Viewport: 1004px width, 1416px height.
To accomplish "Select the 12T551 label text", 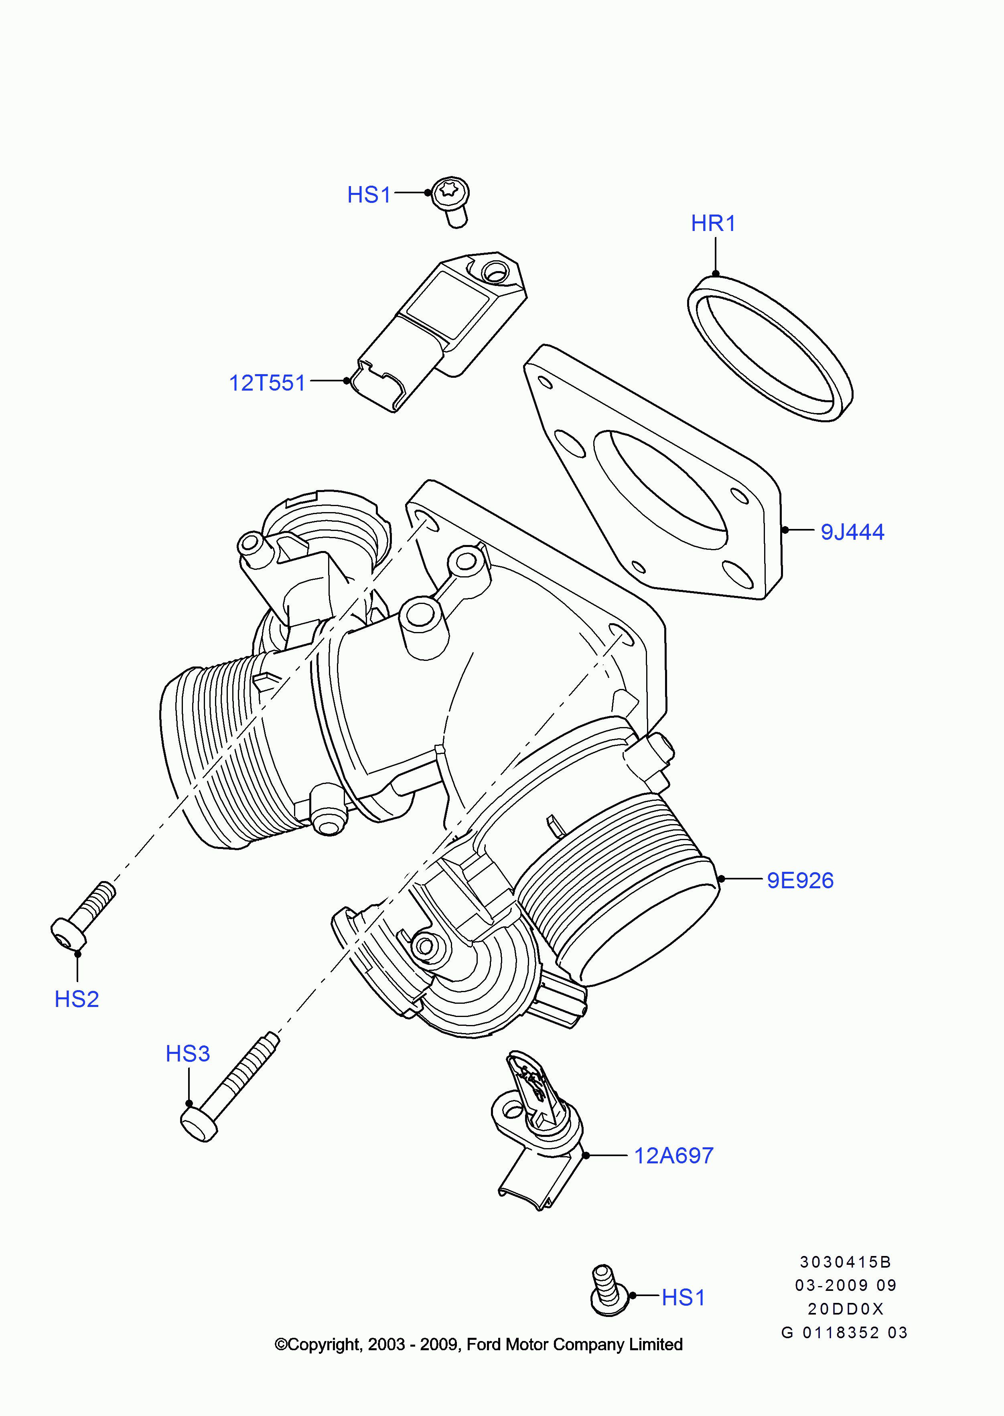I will click(x=267, y=383).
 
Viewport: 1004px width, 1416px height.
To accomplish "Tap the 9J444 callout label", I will click(x=852, y=531).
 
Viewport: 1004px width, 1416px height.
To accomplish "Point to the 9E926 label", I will click(x=800, y=880).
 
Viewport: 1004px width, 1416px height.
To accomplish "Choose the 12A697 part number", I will click(x=674, y=1155).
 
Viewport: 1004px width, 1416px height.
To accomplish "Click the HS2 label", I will click(x=77, y=999).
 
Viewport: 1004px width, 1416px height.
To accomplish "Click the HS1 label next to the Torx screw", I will click(x=369, y=194).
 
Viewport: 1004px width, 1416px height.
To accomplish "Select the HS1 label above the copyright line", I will click(x=683, y=1297).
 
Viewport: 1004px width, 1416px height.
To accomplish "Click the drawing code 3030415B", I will click(x=845, y=1262).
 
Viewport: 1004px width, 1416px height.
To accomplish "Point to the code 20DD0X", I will click(x=845, y=1309).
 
